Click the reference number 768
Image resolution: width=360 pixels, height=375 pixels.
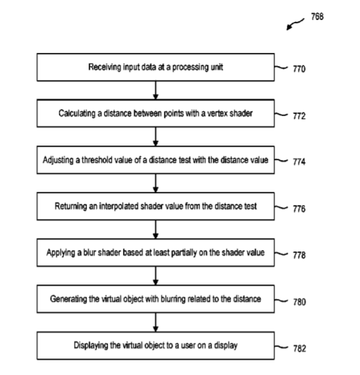pos(317,17)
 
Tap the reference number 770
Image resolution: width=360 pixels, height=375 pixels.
pos(299,69)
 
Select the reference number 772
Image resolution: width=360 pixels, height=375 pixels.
pos(299,116)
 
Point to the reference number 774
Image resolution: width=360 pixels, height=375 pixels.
pos(299,162)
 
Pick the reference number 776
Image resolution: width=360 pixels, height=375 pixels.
pos(299,209)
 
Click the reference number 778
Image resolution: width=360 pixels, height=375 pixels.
pos(299,255)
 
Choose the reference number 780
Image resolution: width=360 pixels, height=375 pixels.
pos(300,302)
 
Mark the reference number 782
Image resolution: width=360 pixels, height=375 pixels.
pos(300,349)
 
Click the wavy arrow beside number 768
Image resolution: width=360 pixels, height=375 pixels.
pos(295,24)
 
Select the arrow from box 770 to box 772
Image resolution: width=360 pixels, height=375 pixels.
pos(155,90)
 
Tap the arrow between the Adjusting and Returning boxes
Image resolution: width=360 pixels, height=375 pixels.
pos(155,183)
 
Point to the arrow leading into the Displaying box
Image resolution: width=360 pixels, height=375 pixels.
pos(155,322)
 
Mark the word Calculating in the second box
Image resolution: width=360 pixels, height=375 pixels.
pos(77,113)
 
